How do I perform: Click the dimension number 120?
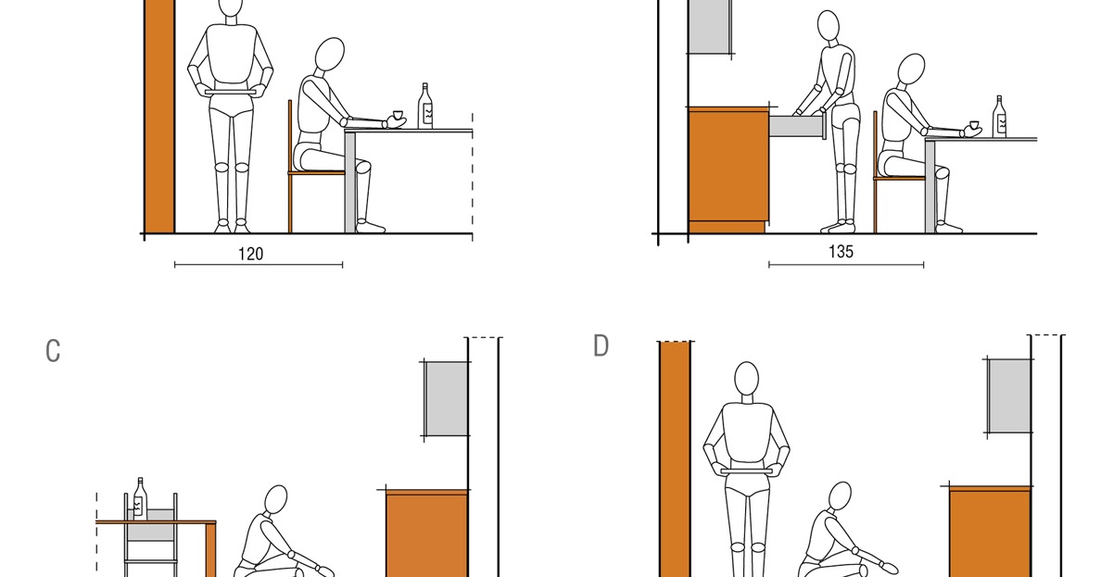[250, 254]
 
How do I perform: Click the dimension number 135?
[841, 251]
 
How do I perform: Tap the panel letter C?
[53, 352]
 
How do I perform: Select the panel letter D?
[601, 346]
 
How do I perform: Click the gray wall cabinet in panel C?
[446, 397]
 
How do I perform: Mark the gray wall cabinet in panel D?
[1009, 395]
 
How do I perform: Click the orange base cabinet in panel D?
[990, 533]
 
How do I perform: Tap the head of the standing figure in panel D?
[746, 379]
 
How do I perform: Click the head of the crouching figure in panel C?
[276, 500]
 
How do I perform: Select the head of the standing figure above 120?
[231, 8]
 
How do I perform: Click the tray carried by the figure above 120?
[231, 91]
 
